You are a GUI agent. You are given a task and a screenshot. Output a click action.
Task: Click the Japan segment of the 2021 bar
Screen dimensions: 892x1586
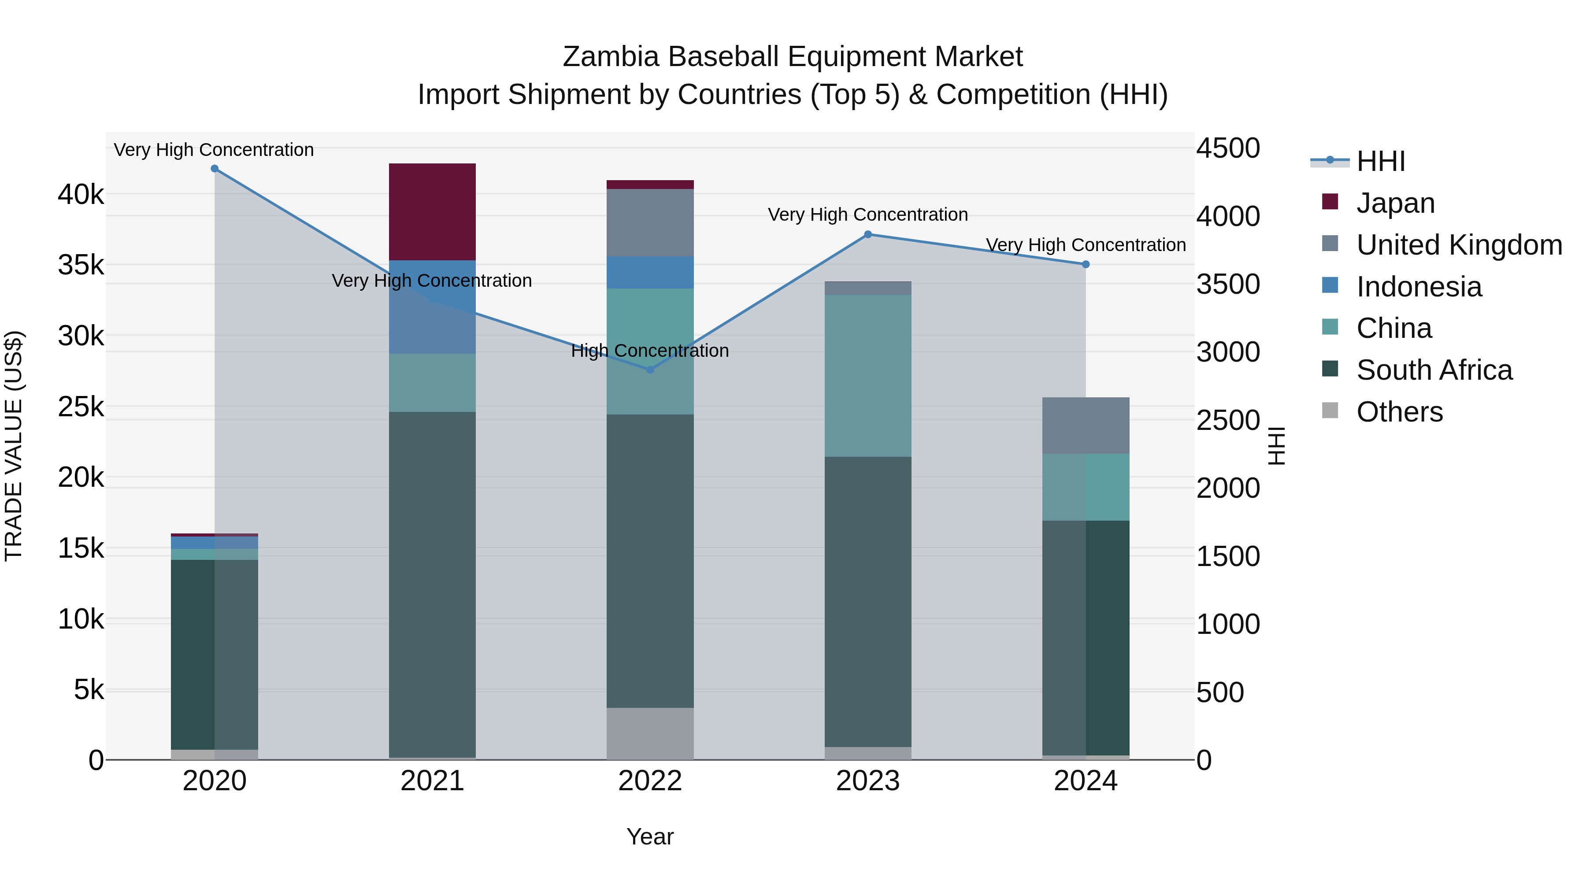432,212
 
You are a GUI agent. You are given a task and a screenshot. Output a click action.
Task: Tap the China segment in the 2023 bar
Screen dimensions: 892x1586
867,375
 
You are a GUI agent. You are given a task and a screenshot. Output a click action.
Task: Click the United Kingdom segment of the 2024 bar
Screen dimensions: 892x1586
1086,426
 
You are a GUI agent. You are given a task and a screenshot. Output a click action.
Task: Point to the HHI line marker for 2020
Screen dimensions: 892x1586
214,169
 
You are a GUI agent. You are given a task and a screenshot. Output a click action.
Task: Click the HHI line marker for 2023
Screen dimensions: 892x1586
867,234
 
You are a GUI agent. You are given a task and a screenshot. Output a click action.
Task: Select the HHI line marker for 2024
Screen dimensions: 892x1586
1086,264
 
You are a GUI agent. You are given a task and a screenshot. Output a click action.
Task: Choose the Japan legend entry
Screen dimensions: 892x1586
1395,203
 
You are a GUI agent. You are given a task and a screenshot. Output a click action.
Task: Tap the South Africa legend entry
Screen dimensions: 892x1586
1434,370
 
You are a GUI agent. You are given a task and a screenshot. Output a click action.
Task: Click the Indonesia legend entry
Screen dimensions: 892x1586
1419,287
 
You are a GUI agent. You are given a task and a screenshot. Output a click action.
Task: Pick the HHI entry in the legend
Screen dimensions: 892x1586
1380,161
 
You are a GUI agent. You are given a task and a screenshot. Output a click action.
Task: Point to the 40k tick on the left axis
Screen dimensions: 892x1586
81,195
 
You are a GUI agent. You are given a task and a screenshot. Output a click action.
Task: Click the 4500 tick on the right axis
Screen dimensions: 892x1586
1228,148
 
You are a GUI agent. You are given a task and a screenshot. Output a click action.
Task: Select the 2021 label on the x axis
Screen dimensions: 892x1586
432,781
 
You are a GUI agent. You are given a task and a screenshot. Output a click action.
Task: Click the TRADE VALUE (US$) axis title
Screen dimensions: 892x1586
14,446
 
